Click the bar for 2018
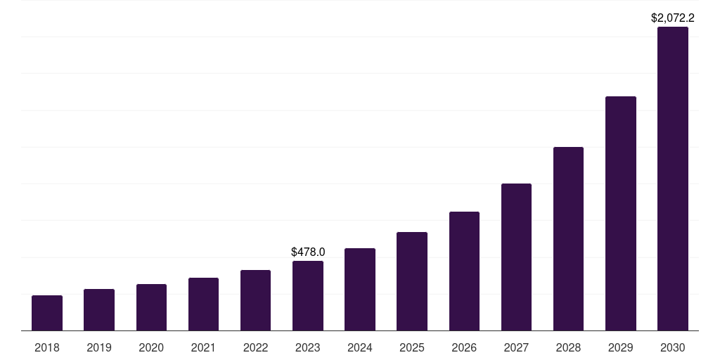coord(47,313)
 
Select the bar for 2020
coord(151,307)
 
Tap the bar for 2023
coord(308,295)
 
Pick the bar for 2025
coord(412,281)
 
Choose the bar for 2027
coord(516,257)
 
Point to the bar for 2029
coord(621,213)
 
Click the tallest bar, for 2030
coord(673,179)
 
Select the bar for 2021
coord(203,304)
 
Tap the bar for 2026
coord(464,271)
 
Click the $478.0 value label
coord(308,252)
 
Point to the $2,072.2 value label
coord(673,18)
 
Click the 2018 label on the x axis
coord(47,347)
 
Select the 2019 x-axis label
coord(99,347)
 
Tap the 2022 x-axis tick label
coord(255,347)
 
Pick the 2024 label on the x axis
coord(360,347)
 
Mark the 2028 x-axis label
coord(568,347)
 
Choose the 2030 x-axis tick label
coord(673,347)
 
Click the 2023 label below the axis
coord(308,347)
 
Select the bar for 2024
coord(360,289)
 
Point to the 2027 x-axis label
coord(516,347)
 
